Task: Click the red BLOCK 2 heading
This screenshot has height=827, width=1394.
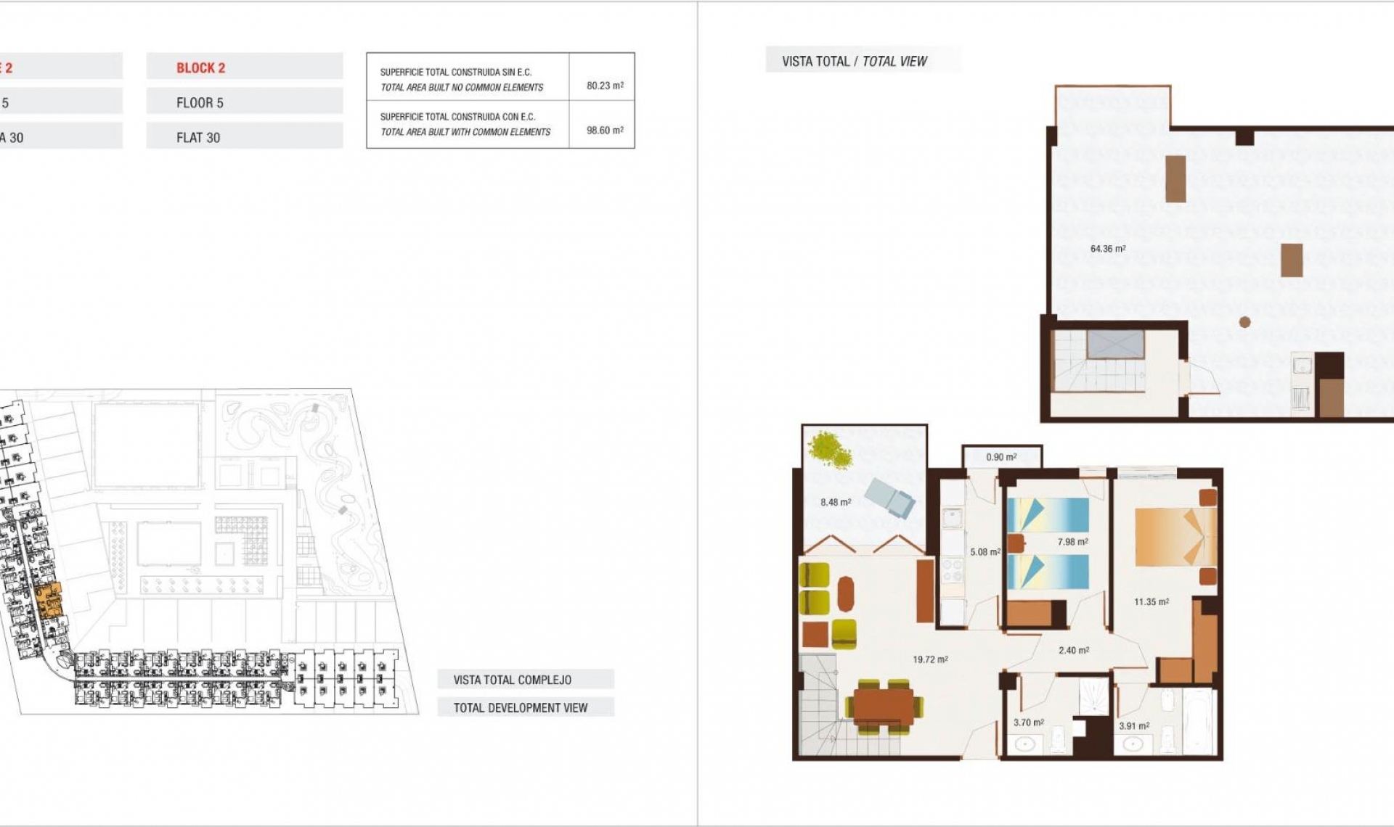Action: [200, 67]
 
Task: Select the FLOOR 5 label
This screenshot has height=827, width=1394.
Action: [200, 102]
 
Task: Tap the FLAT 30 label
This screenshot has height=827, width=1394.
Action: [197, 137]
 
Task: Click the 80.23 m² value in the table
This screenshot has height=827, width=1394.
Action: [604, 86]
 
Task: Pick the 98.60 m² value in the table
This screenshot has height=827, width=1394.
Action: [604, 131]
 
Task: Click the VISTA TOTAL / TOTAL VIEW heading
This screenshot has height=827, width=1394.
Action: [854, 61]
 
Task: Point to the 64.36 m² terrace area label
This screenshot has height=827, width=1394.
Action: [1107, 249]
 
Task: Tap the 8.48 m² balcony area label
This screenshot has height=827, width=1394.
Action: [835, 502]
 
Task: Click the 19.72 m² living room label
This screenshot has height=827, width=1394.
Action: [929, 659]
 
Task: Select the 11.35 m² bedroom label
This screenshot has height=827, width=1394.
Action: [1151, 601]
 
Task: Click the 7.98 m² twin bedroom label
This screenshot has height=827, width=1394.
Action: [1072, 542]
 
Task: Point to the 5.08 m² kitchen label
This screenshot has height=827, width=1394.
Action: [984, 552]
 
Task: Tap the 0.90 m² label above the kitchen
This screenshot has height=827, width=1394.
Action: [1000, 457]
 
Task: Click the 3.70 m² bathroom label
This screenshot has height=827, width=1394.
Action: [1028, 723]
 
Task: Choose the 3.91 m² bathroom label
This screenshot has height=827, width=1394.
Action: [1133, 725]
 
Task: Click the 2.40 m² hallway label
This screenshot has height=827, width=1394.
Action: [1073, 650]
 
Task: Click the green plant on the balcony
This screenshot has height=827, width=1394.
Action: [831, 449]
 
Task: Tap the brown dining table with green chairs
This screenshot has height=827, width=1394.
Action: [883, 706]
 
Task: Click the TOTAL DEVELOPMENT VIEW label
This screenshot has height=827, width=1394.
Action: [520, 707]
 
